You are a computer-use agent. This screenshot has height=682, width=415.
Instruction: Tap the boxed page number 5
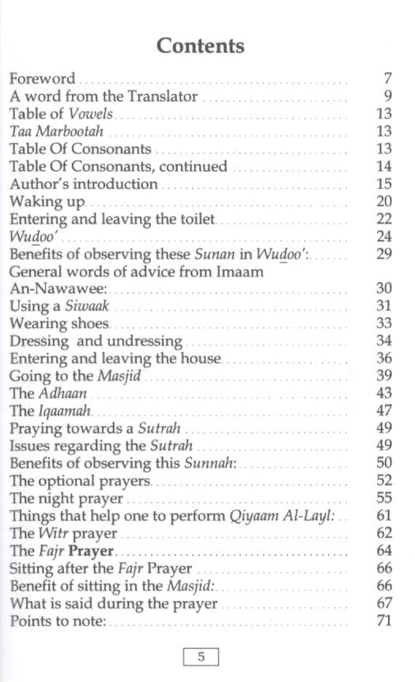pos(201,657)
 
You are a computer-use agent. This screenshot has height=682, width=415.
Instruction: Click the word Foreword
pos(43,79)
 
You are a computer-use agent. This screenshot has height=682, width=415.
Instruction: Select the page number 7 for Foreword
pos(387,79)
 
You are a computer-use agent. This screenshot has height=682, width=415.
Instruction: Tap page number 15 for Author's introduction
pos(384,184)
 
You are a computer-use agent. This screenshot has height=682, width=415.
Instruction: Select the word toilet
pos(194,219)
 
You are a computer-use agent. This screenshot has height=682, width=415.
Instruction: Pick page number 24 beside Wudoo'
pos(384,236)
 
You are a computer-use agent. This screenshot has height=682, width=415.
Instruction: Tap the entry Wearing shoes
pos(59,323)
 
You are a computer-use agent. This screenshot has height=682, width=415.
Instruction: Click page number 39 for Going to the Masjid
pos(384,376)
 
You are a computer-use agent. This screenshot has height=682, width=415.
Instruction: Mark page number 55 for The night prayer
pos(384,498)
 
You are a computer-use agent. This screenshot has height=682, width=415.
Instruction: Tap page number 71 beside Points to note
pos(384,621)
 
